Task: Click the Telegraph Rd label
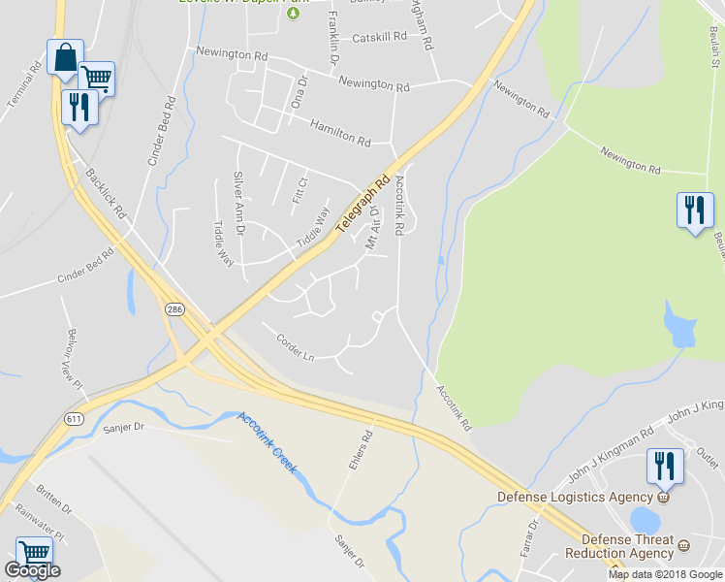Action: [x=362, y=205]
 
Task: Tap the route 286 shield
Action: [x=173, y=309]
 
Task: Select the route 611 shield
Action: [x=75, y=418]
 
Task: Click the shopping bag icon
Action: [x=64, y=58]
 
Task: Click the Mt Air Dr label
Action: [x=372, y=229]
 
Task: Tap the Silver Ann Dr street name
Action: [x=238, y=202]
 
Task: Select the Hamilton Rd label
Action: [x=340, y=134]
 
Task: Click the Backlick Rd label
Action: [x=107, y=192]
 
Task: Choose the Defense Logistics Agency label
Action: [x=577, y=497]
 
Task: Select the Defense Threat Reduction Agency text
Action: [x=626, y=547]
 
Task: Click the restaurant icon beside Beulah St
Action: [x=694, y=210]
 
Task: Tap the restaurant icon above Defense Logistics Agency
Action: [x=664, y=466]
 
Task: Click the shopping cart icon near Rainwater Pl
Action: [x=34, y=554]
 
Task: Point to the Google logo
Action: [x=32, y=569]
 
